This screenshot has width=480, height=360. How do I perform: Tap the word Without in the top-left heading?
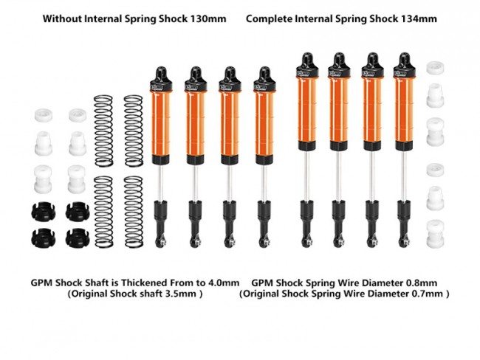coord(63,16)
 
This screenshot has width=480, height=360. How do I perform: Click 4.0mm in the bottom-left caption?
coord(222,282)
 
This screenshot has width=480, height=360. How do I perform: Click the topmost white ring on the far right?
coord(435,68)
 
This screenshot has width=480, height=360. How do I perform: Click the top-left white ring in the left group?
coord(43,115)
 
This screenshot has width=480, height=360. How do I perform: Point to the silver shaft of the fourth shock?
coord(262,181)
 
